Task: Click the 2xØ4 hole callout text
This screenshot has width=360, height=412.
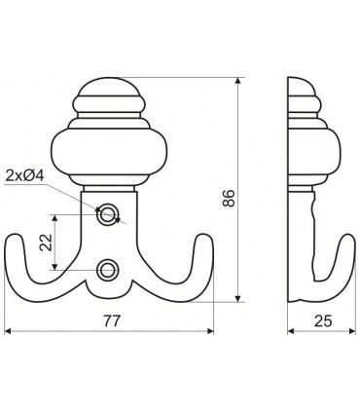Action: pyautogui.click(x=27, y=175)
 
